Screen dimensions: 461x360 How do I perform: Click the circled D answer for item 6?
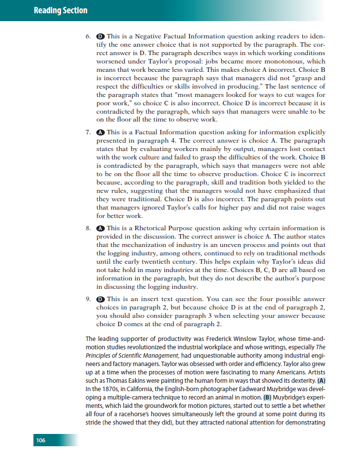coord(100,36)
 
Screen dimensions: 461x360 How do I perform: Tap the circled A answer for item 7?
coord(100,132)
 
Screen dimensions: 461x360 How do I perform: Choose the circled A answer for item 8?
coord(100,228)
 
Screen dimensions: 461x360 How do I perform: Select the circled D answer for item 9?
coord(100,299)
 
